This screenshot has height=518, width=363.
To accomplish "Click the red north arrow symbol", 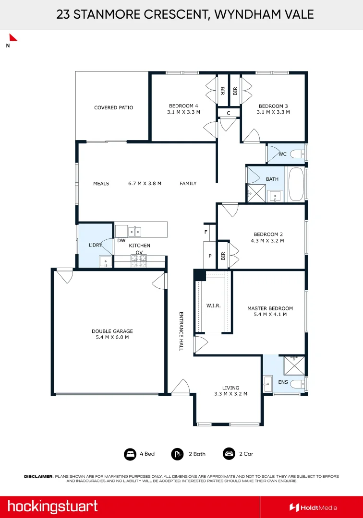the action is click(12, 38).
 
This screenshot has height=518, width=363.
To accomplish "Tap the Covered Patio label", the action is click(114, 108).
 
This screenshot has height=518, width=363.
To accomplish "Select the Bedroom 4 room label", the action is click(183, 106).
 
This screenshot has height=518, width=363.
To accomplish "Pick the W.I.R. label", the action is click(214, 306).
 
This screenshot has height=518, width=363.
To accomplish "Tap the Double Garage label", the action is click(112, 331).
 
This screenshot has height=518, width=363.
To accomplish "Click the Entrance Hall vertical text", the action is click(181, 331).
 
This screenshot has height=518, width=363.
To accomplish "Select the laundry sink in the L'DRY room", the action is click(106, 262).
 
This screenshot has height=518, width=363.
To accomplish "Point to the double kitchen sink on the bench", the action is click(134, 232).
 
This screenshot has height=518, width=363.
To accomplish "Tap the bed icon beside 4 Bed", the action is click(130, 454).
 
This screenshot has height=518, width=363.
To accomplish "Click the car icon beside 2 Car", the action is click(229, 454).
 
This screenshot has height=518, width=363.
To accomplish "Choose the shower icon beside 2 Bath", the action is click(177, 454).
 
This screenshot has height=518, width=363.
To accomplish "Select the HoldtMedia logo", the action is click(314, 508).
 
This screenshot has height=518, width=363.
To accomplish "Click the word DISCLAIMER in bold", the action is click(38, 476).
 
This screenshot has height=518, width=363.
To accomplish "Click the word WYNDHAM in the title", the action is click(246, 14).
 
